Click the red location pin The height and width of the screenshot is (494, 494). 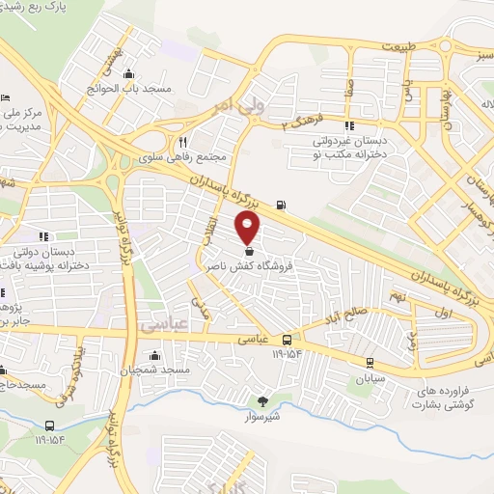click(x=249, y=227)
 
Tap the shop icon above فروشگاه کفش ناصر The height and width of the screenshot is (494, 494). click(x=250, y=252)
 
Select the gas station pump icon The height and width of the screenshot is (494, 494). click(x=281, y=204)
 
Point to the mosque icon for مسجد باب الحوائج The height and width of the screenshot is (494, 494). click(x=129, y=75)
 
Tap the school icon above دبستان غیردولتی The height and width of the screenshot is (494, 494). click(x=348, y=124)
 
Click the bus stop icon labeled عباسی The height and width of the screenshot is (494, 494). click(x=288, y=340)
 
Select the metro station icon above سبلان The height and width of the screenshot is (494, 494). click(x=370, y=362)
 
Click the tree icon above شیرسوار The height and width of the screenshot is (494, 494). click(x=263, y=401)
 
